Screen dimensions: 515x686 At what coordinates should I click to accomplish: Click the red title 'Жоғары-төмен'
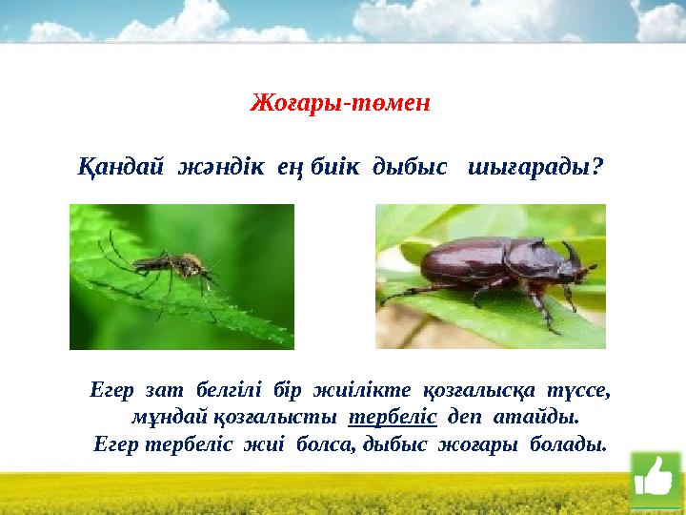(x=340, y=102)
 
